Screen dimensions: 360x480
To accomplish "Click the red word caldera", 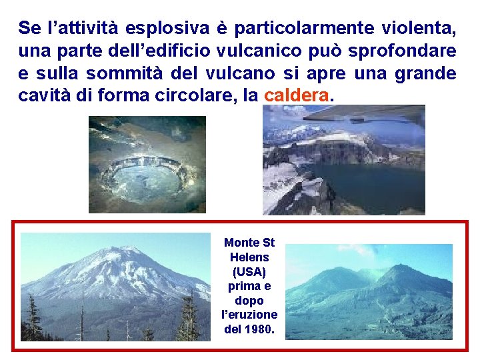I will (296, 95).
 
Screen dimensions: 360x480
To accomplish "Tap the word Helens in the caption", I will (249, 257).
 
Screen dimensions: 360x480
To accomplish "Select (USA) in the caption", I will (249, 272).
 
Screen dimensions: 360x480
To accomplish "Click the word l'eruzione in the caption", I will (249, 315).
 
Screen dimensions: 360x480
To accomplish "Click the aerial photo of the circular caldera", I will (147, 165).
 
